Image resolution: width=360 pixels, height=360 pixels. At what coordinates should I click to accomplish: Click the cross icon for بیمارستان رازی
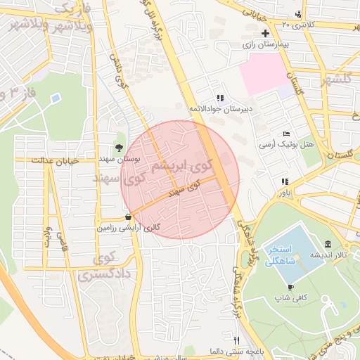coord(265,34)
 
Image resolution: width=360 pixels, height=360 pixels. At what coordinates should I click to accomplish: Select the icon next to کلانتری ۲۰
coord(300,14)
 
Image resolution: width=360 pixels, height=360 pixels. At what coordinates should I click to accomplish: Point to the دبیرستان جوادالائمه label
coord(220,109)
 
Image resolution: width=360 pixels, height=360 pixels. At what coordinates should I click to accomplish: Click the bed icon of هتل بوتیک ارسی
coord(285,134)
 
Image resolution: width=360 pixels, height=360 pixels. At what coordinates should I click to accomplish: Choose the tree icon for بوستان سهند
coord(119,148)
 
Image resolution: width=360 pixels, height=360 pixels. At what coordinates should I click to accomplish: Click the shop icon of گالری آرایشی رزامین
coord(127,217)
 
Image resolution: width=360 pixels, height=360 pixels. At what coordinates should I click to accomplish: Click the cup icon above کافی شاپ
coord(291,288)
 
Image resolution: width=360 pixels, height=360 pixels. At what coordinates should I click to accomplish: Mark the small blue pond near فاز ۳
coord(55,97)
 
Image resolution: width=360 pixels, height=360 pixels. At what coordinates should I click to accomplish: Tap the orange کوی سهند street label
coord(184,187)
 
